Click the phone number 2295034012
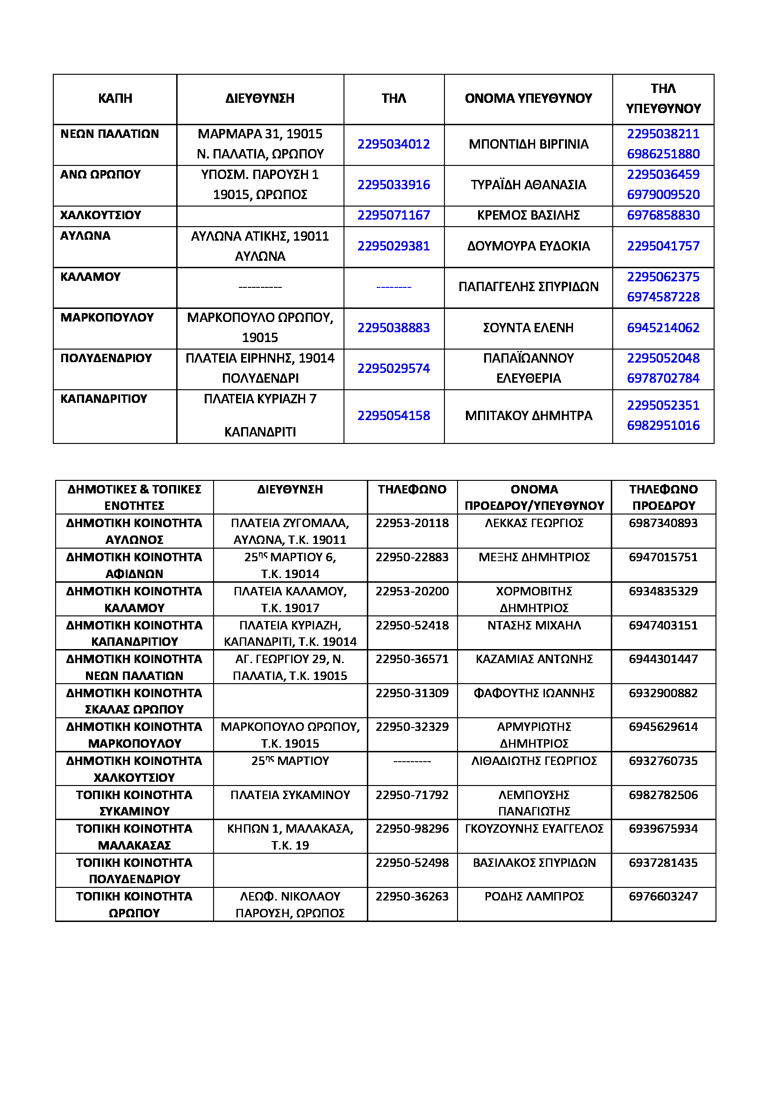[393, 144]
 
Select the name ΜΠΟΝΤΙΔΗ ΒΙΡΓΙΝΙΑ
[529, 144]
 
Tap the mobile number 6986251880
[663, 154]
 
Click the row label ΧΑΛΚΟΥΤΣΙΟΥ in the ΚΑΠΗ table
[100, 215]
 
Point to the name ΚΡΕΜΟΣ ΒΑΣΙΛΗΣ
[529, 215]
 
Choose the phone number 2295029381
[393, 246]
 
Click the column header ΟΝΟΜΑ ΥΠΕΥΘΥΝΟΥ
[529, 98]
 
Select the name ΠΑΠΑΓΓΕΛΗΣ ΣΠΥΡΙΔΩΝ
[529, 286]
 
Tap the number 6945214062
[663, 328]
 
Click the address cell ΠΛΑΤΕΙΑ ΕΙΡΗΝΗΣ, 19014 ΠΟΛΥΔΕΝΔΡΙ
[260, 368]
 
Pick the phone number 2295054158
[393, 415]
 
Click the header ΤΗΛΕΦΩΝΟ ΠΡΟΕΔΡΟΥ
[663, 497]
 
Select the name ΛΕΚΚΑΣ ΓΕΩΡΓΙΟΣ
[534, 523]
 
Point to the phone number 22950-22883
[412, 557]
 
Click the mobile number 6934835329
[663, 591]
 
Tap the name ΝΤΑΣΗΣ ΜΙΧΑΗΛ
[534, 625]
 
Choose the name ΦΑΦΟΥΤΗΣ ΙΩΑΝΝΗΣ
[534, 693]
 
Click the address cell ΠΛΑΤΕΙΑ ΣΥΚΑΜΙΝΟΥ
[290, 794]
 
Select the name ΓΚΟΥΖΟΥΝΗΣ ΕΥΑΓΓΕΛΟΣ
[534, 829]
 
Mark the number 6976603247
[663, 896]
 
